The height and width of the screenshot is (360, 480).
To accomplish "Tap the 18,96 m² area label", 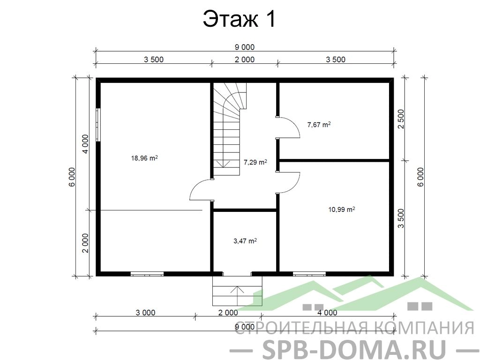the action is (x=144, y=158).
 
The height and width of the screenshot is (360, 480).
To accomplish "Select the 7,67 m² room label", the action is (x=319, y=124).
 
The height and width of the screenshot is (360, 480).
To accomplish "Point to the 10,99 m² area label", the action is (x=342, y=210).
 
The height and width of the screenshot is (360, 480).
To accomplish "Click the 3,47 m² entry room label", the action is (x=245, y=241).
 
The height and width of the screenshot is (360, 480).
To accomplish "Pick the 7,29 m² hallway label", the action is (x=255, y=162).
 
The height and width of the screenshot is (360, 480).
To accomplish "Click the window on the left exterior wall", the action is (x=98, y=125).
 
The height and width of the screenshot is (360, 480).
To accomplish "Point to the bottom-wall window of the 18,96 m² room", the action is (x=147, y=274).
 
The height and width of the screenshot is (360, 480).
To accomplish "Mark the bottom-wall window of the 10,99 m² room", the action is (x=309, y=274).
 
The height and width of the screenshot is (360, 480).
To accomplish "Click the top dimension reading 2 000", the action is (x=244, y=60).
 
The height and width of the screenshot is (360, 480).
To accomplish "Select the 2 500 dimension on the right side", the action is (x=401, y=120).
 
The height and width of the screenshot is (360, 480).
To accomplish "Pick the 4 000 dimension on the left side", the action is (x=85, y=144).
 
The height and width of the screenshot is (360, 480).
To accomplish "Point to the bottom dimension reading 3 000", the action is (x=145, y=313).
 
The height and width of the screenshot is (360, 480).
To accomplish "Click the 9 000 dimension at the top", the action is (x=244, y=47).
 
